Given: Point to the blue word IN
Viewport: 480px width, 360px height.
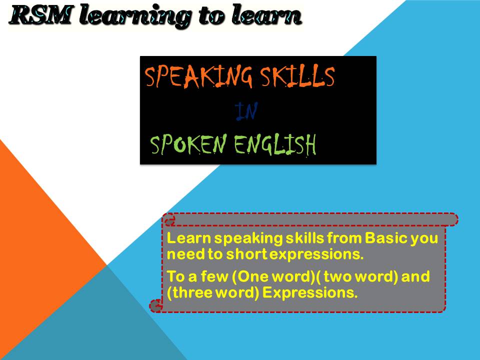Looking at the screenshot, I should (246, 112).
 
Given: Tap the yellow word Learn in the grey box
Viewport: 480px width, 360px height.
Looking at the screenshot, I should (187, 238).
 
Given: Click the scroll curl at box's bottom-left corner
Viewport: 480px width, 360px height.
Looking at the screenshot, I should (156, 304).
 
